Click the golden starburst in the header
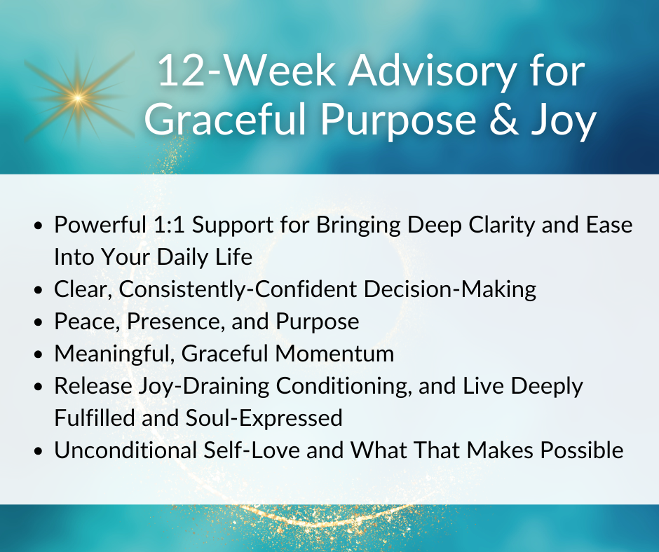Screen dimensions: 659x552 [79, 98]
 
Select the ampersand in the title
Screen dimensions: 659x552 [504, 119]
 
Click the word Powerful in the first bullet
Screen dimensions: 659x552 [100, 224]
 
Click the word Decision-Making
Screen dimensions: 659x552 [449, 290]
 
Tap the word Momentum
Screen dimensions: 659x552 [334, 354]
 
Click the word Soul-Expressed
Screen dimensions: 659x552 [264, 418]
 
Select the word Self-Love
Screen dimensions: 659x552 [251, 450]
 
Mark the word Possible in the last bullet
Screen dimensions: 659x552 [582, 450]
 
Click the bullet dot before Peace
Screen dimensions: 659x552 [39, 322]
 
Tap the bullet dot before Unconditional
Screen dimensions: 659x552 [39, 451]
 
